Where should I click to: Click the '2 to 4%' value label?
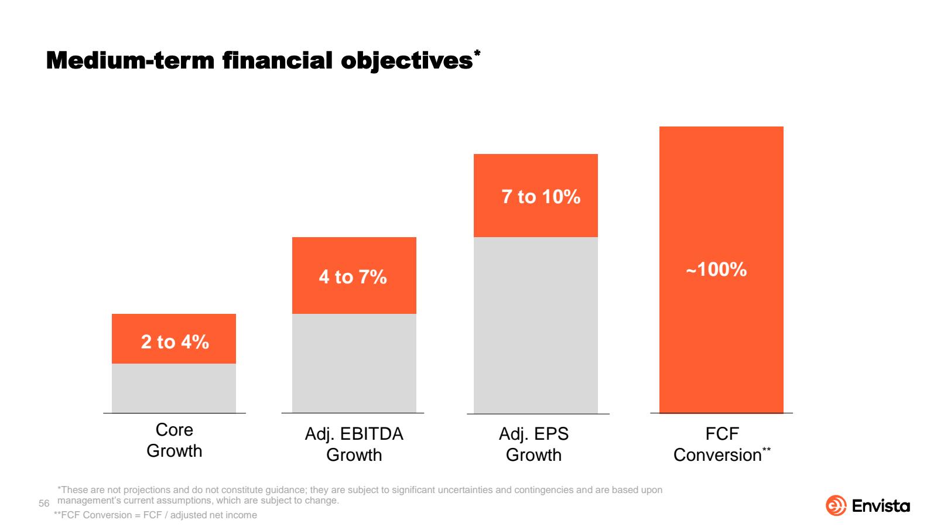(175, 341)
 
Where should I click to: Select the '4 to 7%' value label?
(353, 276)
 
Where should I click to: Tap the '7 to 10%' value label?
(541, 196)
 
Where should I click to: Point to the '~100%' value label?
(716, 269)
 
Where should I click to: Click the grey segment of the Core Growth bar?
(174, 388)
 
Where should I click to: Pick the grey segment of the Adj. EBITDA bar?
(354, 363)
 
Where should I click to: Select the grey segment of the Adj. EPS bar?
(535, 325)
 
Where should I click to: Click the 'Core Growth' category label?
(174, 440)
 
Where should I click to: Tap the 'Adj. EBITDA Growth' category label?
(354, 444)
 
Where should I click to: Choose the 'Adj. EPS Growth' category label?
(534, 444)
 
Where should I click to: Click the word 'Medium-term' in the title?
(130, 60)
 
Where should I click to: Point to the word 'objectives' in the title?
(406, 60)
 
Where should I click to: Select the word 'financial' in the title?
(277, 60)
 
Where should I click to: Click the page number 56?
(44, 504)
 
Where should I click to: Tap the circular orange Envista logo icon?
(836, 505)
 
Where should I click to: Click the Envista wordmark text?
(881, 506)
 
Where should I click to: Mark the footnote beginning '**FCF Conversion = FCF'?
(155, 515)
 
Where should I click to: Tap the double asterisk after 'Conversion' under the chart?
(767, 450)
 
